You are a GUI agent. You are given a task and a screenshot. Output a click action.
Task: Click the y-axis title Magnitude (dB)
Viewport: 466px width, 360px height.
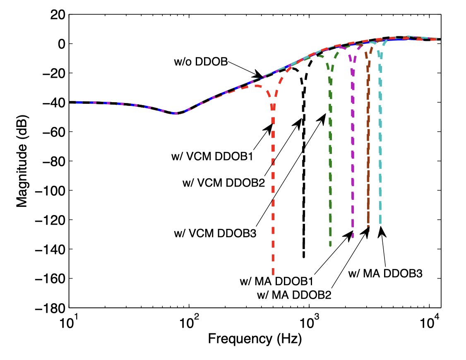coord(22,161)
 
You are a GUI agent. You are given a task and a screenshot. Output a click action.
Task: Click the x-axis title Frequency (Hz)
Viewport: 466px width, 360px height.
coord(255,339)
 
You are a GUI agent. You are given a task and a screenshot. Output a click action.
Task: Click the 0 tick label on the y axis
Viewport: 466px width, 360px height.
coord(59,44)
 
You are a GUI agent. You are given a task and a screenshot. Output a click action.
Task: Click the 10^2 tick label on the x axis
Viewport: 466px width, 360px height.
coord(189,321)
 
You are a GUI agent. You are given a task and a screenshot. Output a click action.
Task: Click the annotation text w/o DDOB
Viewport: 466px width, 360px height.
coord(200,62)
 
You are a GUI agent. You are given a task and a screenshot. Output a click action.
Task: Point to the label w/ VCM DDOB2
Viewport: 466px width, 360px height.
coord(223,182)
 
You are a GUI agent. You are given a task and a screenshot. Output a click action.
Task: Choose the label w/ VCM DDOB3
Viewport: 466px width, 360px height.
coord(215,233)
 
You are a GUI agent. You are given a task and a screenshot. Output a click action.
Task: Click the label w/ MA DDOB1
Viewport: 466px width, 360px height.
coord(276,281)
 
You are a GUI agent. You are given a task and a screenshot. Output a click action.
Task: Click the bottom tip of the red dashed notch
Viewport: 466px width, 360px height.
coord(273,274)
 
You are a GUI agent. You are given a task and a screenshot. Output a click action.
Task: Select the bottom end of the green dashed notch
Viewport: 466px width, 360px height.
coord(330,246)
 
